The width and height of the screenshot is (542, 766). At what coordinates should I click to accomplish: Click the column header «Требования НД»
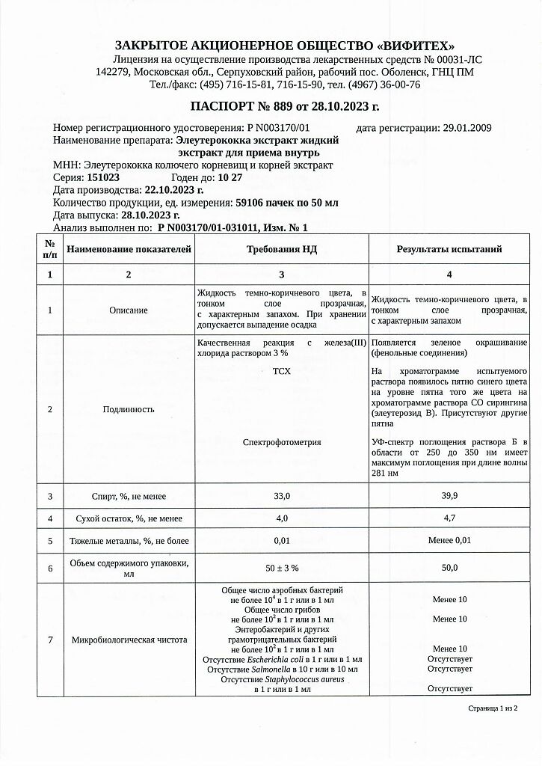[x=282, y=249]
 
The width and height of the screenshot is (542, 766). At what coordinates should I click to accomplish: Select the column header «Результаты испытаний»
[x=449, y=249]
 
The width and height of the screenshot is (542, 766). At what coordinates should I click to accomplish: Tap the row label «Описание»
[x=129, y=310]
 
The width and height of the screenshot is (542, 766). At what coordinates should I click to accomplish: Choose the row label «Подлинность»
[x=129, y=409]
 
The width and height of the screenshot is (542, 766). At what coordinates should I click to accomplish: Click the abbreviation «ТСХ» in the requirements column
[x=282, y=371]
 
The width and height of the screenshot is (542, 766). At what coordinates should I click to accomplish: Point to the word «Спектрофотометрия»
[x=282, y=442]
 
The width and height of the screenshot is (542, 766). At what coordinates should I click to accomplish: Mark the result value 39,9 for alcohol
[x=449, y=496]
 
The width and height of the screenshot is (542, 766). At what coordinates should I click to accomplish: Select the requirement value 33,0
[x=282, y=496]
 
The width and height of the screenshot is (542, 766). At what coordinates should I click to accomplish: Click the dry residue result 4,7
[x=449, y=518]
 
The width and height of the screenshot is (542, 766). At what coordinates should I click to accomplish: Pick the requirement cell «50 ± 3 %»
[x=282, y=569]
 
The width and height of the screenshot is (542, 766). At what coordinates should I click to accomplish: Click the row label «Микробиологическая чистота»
[x=129, y=640]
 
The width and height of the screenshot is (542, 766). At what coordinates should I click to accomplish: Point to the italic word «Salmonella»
[x=270, y=669]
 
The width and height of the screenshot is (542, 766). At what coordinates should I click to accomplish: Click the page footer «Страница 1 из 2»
[x=492, y=707]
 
